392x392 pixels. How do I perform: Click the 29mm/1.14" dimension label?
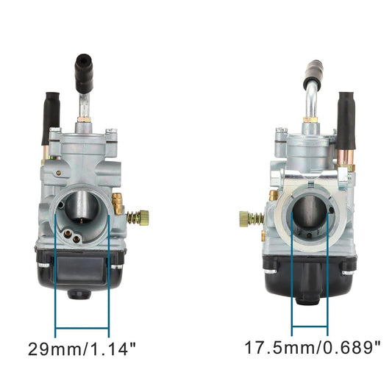pyautogui.click(x=82, y=346)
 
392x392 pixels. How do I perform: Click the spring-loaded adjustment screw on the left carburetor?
pyautogui.click(x=135, y=217)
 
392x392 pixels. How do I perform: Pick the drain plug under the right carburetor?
pyautogui.click(x=310, y=297)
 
